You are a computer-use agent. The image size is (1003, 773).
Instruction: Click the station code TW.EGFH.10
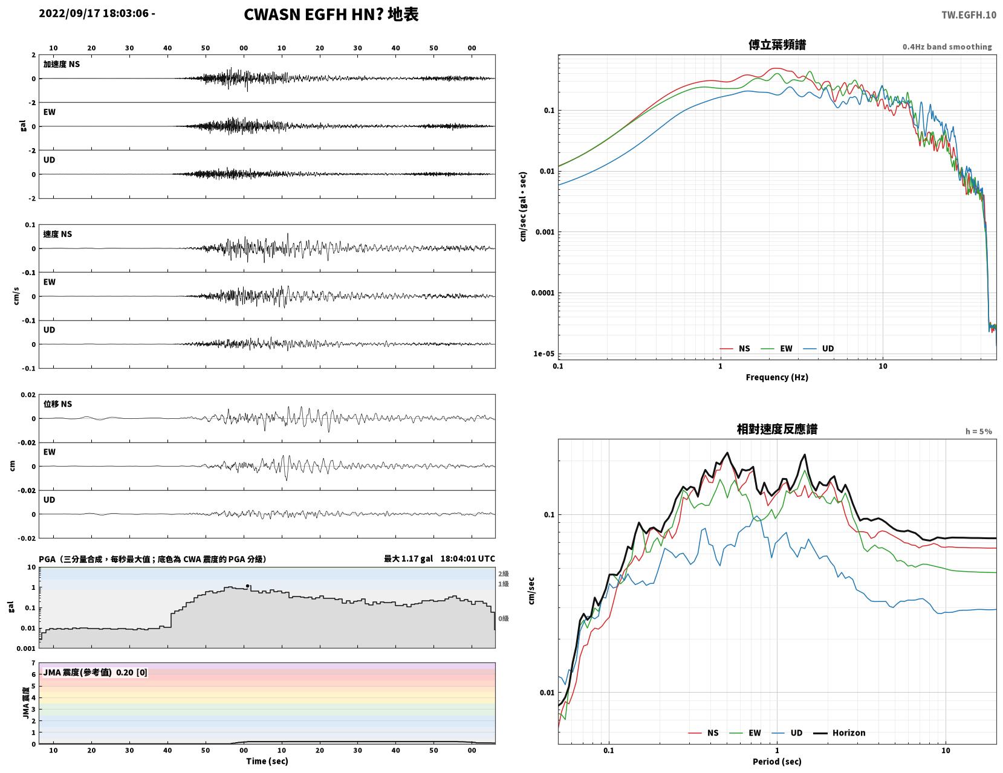pos(969,15)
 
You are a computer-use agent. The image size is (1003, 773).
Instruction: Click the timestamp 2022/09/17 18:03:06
pos(94,13)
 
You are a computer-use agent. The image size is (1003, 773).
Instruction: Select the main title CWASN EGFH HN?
pos(313,15)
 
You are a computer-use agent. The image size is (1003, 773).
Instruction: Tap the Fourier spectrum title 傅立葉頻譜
pos(777,45)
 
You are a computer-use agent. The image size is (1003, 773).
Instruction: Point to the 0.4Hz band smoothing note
pos(947,47)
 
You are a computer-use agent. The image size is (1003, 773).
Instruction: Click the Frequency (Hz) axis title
pos(777,377)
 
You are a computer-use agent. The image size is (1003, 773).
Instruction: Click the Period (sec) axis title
pos(777,762)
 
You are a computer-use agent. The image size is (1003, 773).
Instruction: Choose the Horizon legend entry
pos(839,733)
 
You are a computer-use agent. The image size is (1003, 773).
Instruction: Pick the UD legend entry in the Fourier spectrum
pos(819,349)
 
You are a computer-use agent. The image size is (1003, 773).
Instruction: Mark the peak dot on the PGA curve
pos(247,586)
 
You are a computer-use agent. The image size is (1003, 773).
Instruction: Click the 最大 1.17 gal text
pos(409,558)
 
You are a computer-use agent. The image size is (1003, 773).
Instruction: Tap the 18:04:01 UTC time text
pos(467,558)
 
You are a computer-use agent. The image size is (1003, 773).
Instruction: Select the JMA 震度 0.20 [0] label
pos(95,673)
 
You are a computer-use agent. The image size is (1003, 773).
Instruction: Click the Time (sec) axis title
pos(267,761)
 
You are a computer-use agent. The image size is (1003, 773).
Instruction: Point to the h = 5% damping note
pos(979,432)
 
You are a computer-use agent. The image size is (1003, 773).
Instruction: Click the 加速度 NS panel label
pos(62,64)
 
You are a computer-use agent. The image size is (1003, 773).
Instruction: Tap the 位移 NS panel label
pos(57,404)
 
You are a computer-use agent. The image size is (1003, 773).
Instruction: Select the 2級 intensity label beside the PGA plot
pos(503,574)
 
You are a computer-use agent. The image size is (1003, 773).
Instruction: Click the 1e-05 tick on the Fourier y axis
pos(544,354)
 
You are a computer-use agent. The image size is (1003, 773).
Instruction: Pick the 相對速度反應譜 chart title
pos(777,429)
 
